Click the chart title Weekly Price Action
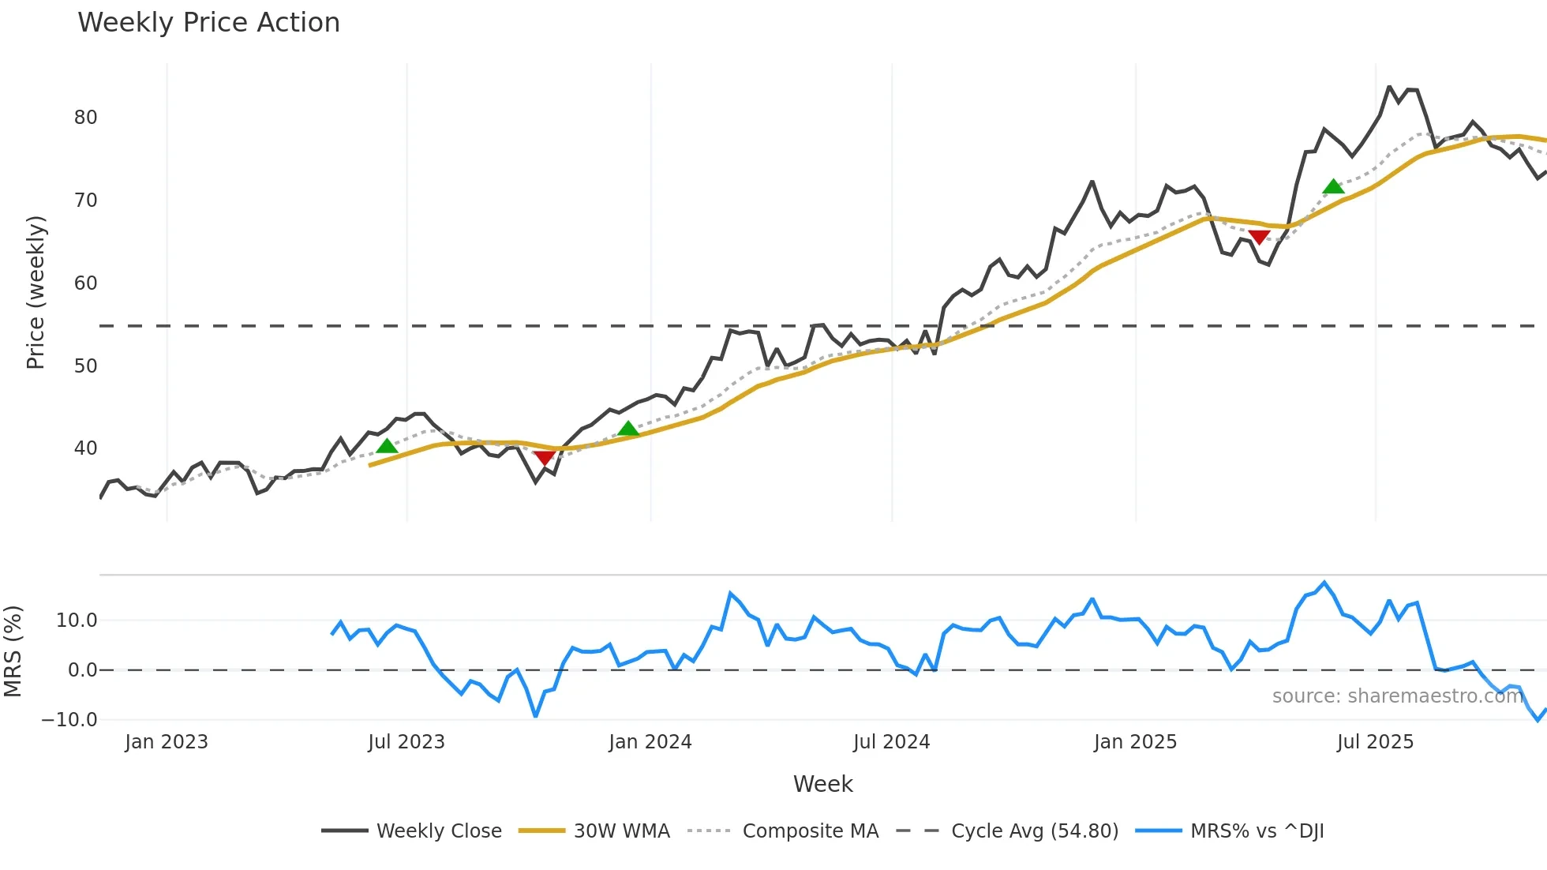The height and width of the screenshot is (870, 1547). click(x=208, y=23)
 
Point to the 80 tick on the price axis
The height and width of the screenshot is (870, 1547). click(x=85, y=118)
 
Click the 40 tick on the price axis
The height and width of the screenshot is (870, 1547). click(x=85, y=448)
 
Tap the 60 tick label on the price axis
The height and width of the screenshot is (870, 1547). click(x=85, y=283)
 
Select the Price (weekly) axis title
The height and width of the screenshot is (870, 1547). click(x=36, y=292)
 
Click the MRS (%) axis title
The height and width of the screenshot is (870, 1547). click(x=13, y=651)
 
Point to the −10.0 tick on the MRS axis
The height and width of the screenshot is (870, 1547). click(x=69, y=720)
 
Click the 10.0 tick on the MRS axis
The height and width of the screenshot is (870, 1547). click(x=77, y=621)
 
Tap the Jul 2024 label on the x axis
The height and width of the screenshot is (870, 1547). click(x=891, y=742)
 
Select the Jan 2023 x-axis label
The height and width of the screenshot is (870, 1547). click(x=167, y=742)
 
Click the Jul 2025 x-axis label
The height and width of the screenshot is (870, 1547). click(x=1375, y=742)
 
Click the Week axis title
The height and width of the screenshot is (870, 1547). click(x=822, y=784)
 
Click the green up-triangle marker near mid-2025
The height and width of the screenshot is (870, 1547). click(x=1333, y=187)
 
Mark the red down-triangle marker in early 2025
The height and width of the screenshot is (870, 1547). click(x=1259, y=237)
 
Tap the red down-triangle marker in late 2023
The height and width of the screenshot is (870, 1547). click(x=544, y=458)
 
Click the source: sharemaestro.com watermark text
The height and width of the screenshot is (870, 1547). click(x=1397, y=696)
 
